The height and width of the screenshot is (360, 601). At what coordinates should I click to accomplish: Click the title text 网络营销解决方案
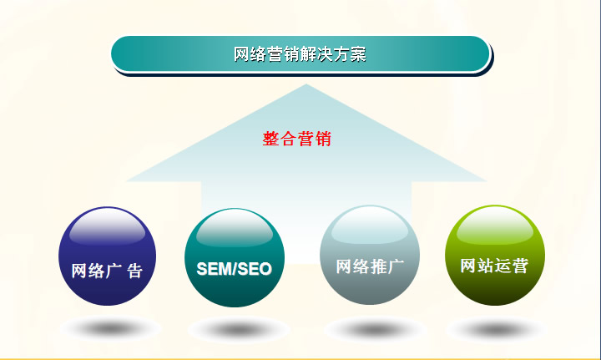[x=300, y=54]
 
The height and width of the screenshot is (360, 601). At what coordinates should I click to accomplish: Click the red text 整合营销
[x=296, y=139]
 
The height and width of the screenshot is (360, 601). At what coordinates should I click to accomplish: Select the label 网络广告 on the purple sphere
[x=107, y=271]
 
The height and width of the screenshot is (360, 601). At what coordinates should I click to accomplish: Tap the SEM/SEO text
[x=235, y=269]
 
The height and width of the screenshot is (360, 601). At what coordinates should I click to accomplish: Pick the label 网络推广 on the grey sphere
[x=370, y=266]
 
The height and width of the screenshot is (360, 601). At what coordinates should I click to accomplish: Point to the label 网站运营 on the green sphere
[x=494, y=266]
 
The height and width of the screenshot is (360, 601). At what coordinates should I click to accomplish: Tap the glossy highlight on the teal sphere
[x=235, y=228]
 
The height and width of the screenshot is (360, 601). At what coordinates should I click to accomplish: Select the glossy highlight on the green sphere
[x=495, y=226]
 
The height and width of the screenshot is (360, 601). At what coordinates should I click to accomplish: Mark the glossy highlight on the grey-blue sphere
[x=370, y=226]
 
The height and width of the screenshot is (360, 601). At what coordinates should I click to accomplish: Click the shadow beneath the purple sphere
[x=110, y=329]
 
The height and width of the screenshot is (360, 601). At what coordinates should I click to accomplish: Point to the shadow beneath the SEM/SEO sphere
[x=239, y=330]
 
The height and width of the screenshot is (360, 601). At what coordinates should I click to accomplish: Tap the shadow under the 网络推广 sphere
[x=375, y=330]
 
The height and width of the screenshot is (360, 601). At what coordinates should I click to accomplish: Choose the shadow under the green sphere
[x=496, y=330]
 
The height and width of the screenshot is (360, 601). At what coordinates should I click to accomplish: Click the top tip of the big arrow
[x=306, y=84]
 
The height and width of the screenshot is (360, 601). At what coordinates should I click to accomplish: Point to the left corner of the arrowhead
[x=127, y=180]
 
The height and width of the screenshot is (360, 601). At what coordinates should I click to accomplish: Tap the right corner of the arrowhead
[x=487, y=180]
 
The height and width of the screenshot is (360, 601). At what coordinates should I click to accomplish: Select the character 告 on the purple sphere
[x=135, y=271]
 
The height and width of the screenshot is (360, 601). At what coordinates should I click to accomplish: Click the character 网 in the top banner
[x=241, y=54]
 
